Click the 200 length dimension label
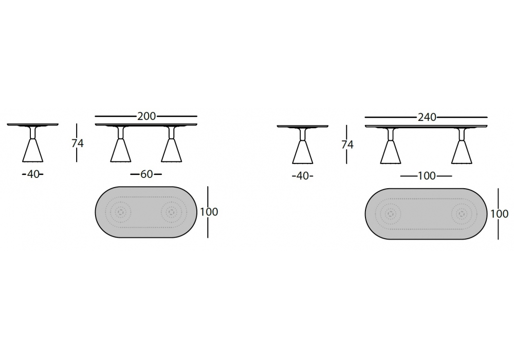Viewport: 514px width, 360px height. coord(146,116)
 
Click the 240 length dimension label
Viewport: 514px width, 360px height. coord(427,117)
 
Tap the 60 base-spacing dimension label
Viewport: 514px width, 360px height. coord(146,174)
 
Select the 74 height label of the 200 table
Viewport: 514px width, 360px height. coord(78,143)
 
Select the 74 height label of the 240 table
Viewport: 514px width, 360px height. coord(347,145)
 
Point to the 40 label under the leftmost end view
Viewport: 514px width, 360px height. coord(33,174)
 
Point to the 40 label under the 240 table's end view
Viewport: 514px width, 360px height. coord(303,176)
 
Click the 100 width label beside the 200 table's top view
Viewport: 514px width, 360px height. coord(209,212)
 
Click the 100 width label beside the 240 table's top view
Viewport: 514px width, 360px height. coord(499,214)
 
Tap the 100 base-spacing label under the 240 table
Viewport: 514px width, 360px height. coord(427,176)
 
